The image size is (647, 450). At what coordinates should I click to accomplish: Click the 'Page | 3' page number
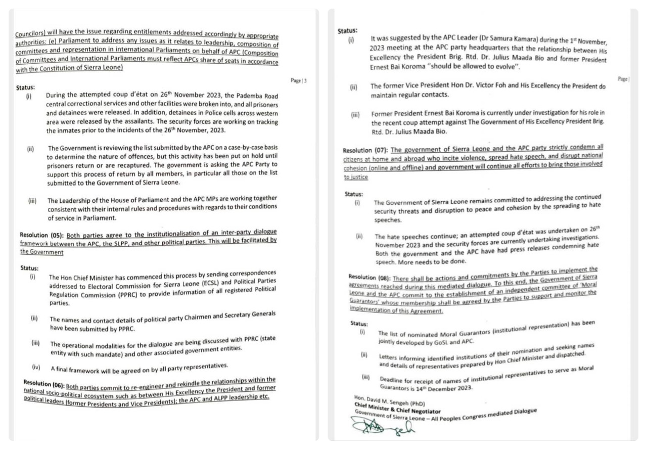click(299, 80)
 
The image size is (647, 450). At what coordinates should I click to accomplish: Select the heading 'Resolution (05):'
click(42, 235)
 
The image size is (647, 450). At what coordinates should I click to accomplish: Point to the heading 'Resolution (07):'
click(365, 151)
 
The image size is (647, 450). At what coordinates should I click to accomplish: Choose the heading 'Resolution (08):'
click(369, 278)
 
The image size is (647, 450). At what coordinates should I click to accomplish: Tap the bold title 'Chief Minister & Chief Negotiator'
click(397, 411)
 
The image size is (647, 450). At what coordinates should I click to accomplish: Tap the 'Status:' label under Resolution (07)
click(354, 193)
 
